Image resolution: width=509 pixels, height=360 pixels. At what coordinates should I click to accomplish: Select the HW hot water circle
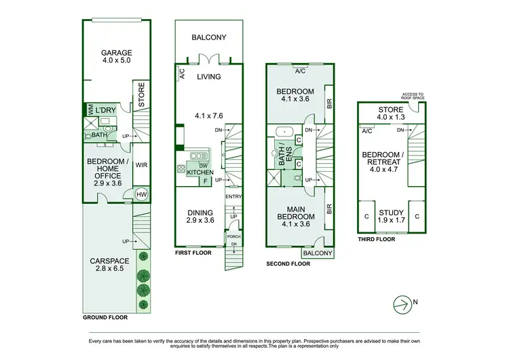(x=142, y=194)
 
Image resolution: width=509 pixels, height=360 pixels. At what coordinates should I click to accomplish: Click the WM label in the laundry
(x=89, y=109)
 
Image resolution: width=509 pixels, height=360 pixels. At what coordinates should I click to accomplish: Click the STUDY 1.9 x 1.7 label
(x=391, y=216)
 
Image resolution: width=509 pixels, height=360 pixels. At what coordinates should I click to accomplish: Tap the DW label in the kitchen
(x=204, y=165)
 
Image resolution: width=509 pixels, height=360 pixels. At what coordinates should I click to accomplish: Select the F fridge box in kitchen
(x=205, y=181)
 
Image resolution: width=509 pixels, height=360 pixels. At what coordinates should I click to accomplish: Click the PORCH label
(x=233, y=237)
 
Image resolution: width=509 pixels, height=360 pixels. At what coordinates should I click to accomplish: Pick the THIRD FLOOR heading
(x=376, y=240)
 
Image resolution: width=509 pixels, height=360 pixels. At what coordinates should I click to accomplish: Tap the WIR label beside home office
(x=142, y=164)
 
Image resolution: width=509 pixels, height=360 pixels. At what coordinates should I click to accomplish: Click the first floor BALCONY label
(x=208, y=38)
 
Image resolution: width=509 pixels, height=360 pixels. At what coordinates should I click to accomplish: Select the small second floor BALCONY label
(x=318, y=253)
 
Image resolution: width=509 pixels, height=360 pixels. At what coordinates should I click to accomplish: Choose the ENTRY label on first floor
(x=233, y=197)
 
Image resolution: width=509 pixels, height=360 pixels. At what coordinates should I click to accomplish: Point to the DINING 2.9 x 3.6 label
(x=200, y=216)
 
